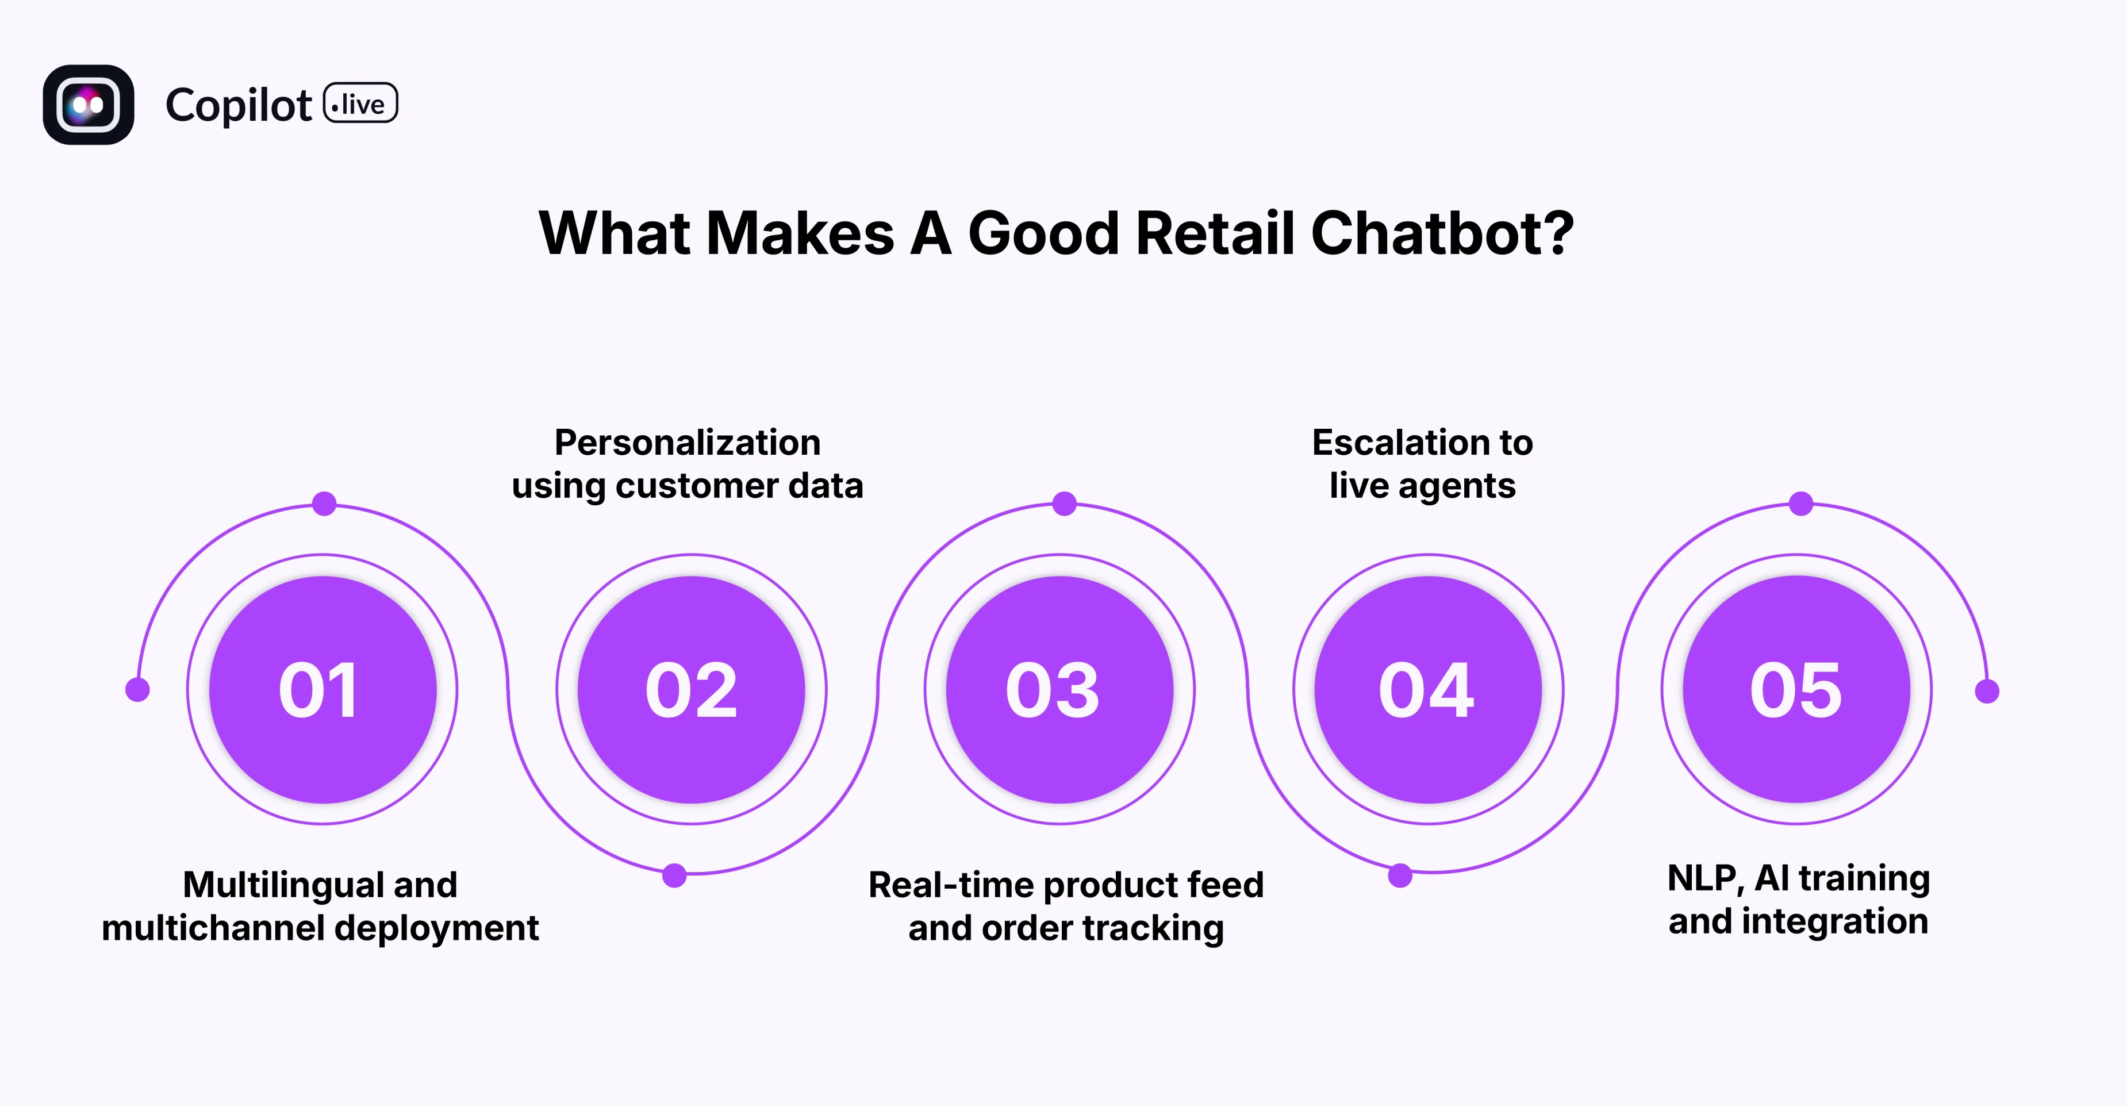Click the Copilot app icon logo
click(x=89, y=105)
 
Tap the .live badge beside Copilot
click(x=361, y=104)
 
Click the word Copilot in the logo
click(x=239, y=106)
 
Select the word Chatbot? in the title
click(x=1442, y=233)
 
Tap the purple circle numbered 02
click(x=691, y=689)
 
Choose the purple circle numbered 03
click(x=1059, y=689)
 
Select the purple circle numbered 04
click(x=1427, y=689)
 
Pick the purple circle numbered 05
click(x=1796, y=689)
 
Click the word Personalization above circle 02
click(x=687, y=443)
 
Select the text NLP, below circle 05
click(x=1705, y=879)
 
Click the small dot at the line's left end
click(x=137, y=689)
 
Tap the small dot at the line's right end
click(x=1987, y=692)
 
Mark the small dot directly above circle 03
click(x=1064, y=504)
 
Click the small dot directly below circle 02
click(x=674, y=875)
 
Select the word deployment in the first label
click(x=437, y=928)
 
